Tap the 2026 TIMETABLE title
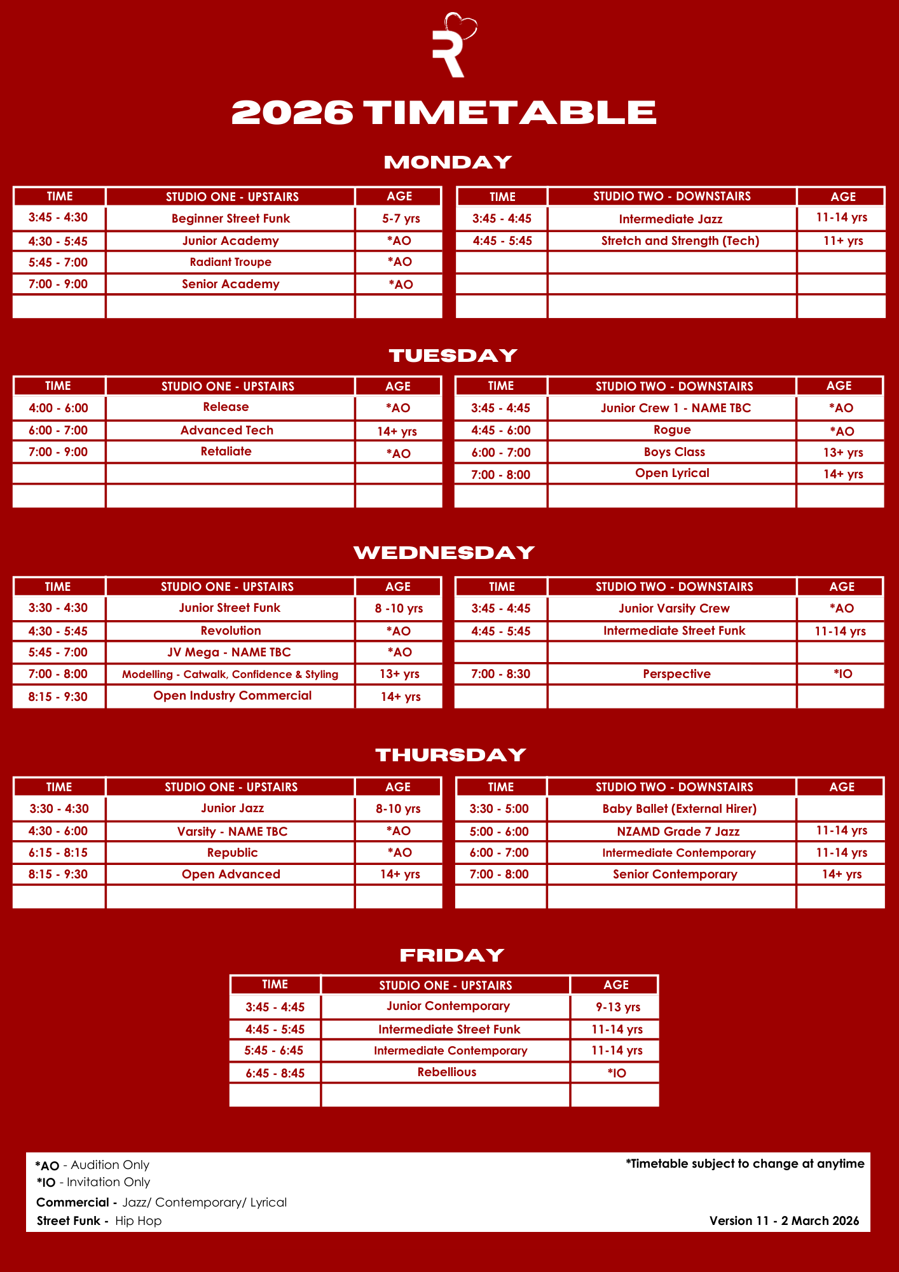444,113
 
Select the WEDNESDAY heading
444,553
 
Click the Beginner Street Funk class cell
230,219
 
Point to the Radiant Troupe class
230,262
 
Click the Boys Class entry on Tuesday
674,452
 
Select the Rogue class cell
672,430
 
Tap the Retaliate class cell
226,452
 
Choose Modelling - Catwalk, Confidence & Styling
230,674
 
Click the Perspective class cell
676,674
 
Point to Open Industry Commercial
232,696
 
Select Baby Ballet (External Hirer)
679,809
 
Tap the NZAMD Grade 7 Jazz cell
678,831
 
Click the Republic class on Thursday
232,853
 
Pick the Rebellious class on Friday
446,1072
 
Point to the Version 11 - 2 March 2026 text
784,1220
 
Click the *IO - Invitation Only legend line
93,1182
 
